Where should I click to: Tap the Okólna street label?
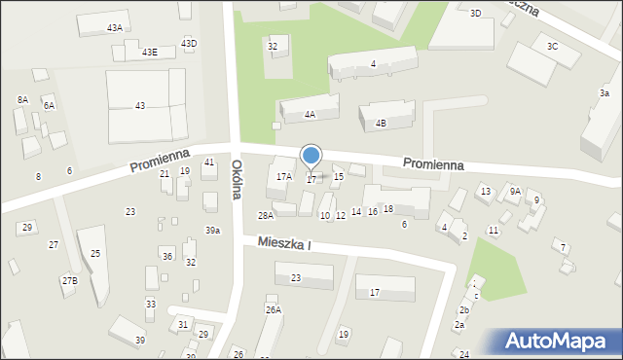tap(237, 180)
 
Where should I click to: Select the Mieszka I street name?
tap(284, 242)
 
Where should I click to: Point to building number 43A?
tap(115, 28)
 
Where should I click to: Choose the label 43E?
tap(149, 52)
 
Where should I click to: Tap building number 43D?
tap(189, 43)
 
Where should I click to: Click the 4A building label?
tap(310, 115)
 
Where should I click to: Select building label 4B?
tap(381, 123)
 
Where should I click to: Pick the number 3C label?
tap(552, 47)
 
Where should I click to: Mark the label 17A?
tap(283, 176)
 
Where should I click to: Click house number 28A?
tap(265, 215)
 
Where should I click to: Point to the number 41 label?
tap(209, 162)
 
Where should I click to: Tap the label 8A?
tap(22, 100)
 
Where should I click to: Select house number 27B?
tap(68, 281)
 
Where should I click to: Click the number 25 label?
tap(95, 254)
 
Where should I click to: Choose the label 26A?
tap(273, 309)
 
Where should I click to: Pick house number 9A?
tap(515, 192)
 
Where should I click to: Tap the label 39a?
tap(212, 231)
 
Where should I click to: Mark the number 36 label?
tap(167, 257)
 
